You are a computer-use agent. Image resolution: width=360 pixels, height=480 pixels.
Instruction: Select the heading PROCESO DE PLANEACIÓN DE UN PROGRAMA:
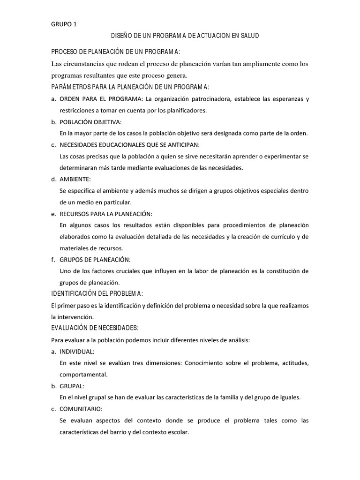pos(115,51)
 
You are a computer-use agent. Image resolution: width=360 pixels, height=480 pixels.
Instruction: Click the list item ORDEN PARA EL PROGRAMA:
pos(101,99)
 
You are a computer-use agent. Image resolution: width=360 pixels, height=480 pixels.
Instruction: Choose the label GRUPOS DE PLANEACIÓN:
pos(95,260)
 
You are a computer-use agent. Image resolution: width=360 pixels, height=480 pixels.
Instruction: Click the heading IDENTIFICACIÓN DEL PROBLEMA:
pos(97,293)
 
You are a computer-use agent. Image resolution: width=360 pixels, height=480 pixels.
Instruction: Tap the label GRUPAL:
pos(72,386)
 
